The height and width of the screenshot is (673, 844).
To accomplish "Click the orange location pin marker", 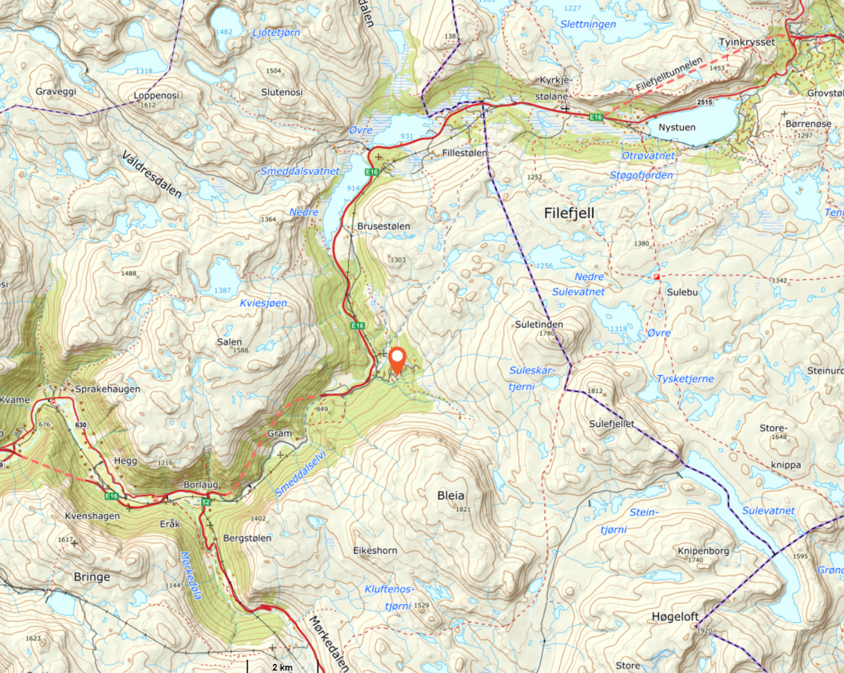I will pos(397,360).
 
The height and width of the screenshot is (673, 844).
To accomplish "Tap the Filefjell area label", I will pos(569,213).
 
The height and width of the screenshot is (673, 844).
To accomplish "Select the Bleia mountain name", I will pos(450,495).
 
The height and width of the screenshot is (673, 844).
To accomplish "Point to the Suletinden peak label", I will pos(539,324).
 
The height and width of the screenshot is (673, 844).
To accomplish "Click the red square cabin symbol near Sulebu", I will pos(657,277).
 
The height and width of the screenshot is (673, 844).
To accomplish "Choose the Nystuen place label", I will pos(676,127).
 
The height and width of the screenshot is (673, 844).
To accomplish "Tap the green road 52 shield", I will pos(206,502).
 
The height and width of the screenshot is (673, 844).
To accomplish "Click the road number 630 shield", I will pos(81,425).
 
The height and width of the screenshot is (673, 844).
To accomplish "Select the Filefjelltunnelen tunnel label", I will pos(668,74).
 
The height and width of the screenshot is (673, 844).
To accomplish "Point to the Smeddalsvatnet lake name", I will pos(300,171).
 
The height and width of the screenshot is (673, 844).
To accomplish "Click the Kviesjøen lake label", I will pos(263,303).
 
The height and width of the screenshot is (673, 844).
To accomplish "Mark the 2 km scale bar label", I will pos(282,667).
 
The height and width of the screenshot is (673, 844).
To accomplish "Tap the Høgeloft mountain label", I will pos(675,617).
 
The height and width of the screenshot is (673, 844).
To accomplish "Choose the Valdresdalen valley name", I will pos(151,174).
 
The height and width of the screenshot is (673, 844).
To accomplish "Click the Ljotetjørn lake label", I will pos(276,32).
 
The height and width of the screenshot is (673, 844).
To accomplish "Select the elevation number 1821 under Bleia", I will pos(463,509).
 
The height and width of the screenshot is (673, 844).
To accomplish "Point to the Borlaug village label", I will pos(200,485).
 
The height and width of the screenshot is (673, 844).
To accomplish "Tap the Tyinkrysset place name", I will pos(746,42).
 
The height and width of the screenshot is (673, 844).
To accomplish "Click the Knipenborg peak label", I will pos(703,551).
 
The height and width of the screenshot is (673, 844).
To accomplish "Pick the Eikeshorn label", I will pos(375,550).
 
